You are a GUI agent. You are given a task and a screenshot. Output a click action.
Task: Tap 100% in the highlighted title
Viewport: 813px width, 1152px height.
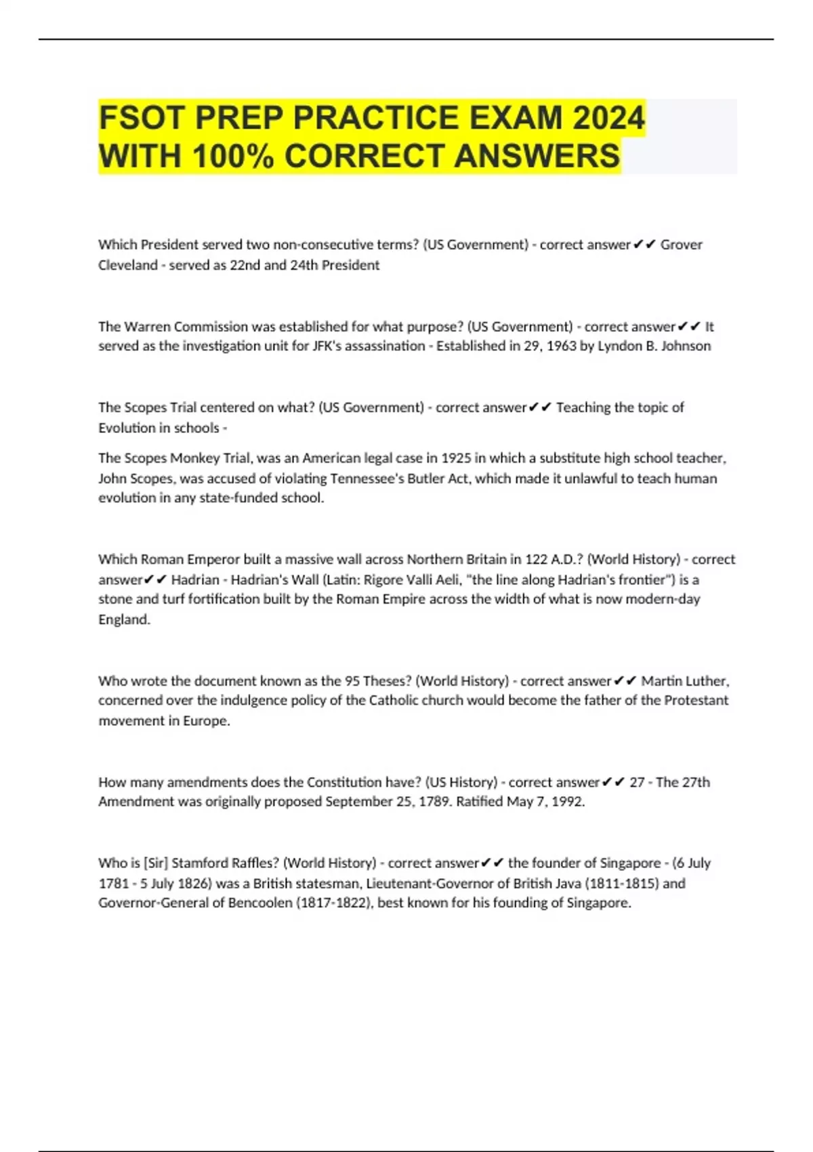click(x=232, y=156)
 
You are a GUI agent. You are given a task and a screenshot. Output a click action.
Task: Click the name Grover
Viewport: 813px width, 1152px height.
click(x=681, y=245)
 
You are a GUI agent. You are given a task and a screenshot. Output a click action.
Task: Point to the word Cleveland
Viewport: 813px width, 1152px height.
click(x=127, y=265)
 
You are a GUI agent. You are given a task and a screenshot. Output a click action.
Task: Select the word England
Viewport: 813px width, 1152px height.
click(x=124, y=619)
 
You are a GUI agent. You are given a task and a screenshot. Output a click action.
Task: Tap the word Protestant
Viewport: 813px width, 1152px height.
click(x=696, y=700)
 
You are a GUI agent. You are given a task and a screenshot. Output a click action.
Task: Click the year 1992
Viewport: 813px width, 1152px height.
click(x=566, y=802)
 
